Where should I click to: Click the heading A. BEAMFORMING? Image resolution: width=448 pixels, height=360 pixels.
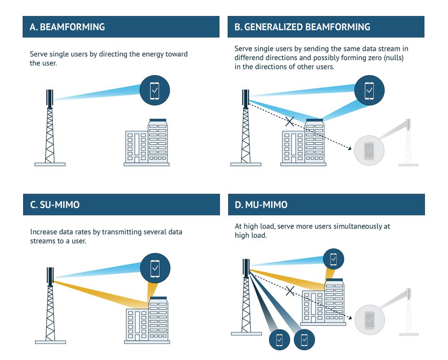pyautogui.click(x=67, y=27)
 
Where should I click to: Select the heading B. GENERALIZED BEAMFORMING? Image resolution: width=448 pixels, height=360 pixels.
pyautogui.click(x=302, y=27)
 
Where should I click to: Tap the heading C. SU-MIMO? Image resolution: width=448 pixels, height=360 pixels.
pyautogui.click(x=55, y=205)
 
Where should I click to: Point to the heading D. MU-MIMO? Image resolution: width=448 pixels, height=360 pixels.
pyautogui.click(x=261, y=205)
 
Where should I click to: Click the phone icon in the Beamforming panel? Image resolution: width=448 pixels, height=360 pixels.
pyautogui.click(x=155, y=90)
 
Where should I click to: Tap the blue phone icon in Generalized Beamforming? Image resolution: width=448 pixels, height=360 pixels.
pyautogui.click(x=369, y=90)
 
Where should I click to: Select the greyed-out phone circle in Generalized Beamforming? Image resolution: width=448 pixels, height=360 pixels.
pyautogui.click(x=369, y=150)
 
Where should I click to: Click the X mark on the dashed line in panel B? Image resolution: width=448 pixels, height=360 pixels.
pyautogui.click(x=290, y=121)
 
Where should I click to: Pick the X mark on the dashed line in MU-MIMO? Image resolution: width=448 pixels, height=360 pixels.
pyautogui.click(x=290, y=291)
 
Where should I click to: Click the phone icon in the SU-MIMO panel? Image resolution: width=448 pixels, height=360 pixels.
pyautogui.click(x=155, y=268)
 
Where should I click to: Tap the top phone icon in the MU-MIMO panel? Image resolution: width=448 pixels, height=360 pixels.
pyautogui.click(x=333, y=259)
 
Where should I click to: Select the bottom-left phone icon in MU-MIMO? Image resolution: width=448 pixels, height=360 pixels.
pyautogui.click(x=280, y=340)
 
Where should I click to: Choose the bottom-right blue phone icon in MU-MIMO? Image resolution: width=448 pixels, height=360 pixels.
pyautogui.click(x=304, y=339)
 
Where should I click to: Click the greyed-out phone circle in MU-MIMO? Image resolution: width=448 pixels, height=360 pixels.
pyautogui.click(x=370, y=320)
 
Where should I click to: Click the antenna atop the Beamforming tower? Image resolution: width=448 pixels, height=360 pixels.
pyautogui.click(x=50, y=99)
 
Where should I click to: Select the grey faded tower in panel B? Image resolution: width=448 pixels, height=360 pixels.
pyautogui.click(x=408, y=142)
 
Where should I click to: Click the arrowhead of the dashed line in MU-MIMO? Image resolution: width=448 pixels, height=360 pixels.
pyautogui.click(x=350, y=317)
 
